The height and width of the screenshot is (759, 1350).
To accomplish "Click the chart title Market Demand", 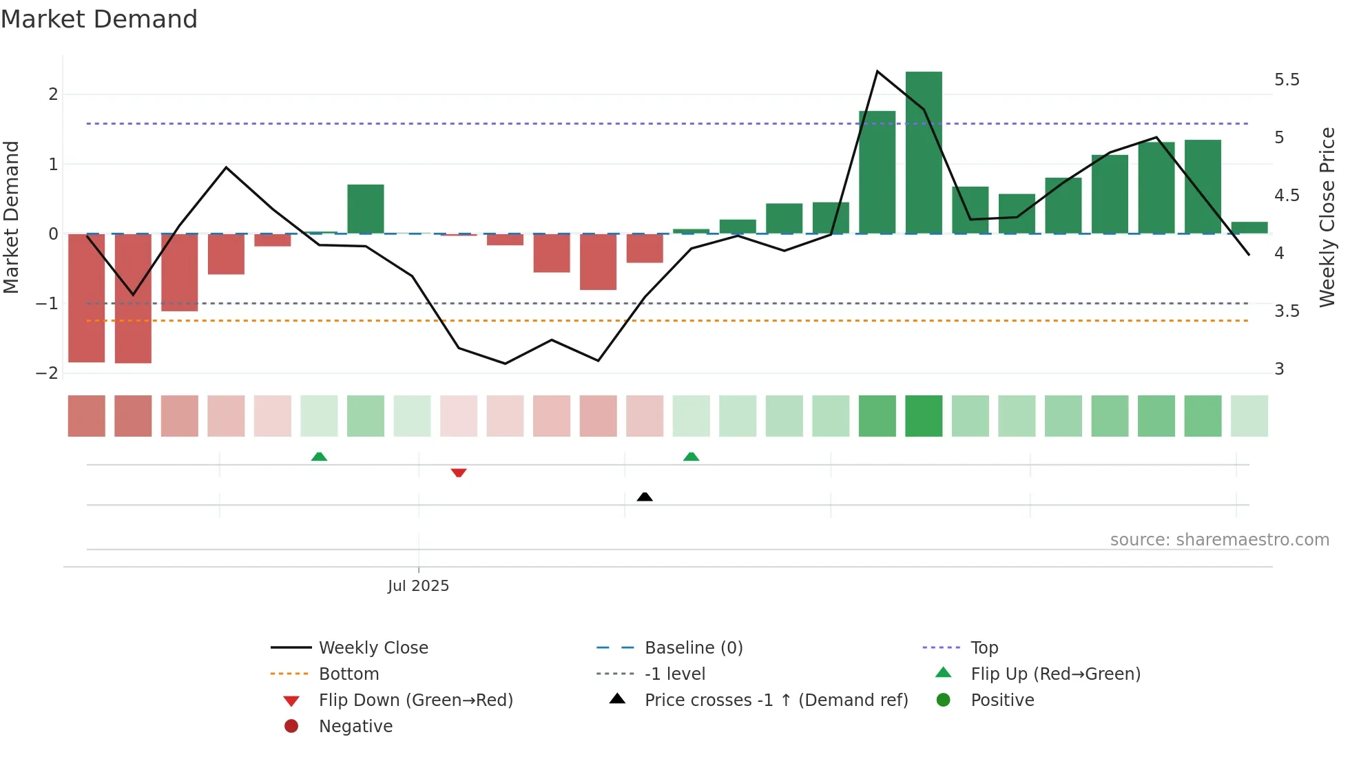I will coord(99,19).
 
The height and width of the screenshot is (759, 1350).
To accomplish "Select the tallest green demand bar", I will coord(924,153).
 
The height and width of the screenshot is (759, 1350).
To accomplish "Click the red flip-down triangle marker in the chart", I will coord(459,472).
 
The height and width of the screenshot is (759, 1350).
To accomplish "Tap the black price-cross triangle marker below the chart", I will coord(645,497).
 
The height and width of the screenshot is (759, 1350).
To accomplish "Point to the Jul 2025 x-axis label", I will coord(418,586).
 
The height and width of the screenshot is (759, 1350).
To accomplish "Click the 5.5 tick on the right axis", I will coord(1286,80).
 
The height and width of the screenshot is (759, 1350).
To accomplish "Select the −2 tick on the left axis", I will coord(48,373).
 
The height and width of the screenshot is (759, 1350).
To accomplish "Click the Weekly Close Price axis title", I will coord(1327,217).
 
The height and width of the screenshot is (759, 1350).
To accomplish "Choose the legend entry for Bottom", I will coord(349,674).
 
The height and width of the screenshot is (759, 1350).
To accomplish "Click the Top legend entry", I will coord(984,647).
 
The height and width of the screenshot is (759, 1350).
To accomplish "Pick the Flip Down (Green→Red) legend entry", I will coord(415,700).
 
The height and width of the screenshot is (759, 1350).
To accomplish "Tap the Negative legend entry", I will coord(355,726).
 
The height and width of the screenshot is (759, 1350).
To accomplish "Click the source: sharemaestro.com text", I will coord(1219,539).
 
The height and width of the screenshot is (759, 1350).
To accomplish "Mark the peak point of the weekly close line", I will coord(877,71).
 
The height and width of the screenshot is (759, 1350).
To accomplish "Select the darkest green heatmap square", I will coord(924,416).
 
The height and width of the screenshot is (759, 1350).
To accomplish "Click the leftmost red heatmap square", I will coord(87,416).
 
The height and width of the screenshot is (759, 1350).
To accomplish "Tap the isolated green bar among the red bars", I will coord(366,209).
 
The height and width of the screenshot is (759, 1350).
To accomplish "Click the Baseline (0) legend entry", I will coord(693,647).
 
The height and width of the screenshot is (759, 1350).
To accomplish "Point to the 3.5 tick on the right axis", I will coord(1286,311).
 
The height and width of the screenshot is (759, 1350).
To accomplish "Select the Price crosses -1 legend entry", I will coord(776,700).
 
